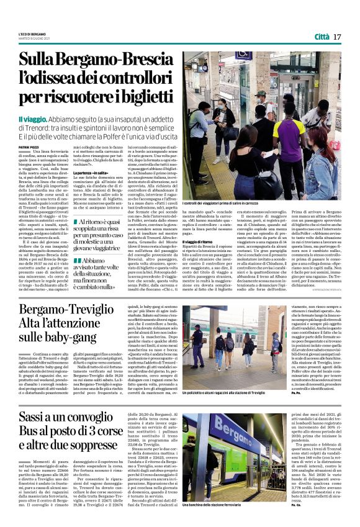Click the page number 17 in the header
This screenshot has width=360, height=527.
coord(338,37)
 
